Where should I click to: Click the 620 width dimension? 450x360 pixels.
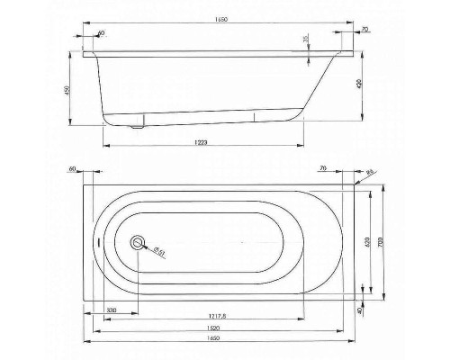[x=366, y=241]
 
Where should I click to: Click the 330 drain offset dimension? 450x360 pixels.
[x=111, y=310]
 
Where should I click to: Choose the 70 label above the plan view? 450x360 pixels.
[x=323, y=168]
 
